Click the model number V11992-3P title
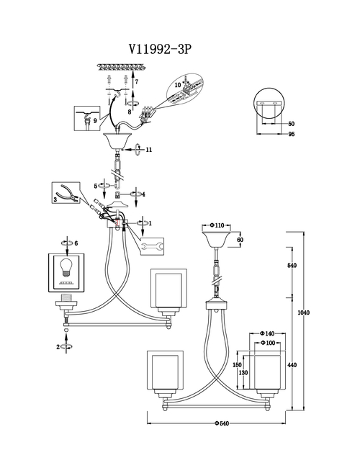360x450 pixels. pos(160,50)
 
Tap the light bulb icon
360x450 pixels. pos(66,267)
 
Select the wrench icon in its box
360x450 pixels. pos(153,246)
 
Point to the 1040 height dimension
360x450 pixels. pos(303,312)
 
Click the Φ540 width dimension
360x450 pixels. pos(222,423)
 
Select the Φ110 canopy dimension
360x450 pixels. pos(217,225)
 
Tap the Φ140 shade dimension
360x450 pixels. pos(267,333)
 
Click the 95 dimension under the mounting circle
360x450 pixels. pos(291,134)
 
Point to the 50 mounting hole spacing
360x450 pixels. pos(291,124)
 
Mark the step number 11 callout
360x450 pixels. pos(149,150)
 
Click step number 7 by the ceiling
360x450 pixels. pos(137,82)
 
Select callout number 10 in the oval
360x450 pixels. pos(178,85)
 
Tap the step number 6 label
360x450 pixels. pos(76,243)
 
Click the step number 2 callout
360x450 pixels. pos(58,347)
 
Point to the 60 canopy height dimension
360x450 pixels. pos(240,240)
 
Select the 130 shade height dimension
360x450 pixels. pos(243,372)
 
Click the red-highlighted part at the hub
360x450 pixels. pos(117,222)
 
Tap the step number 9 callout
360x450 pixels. pos(95,121)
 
